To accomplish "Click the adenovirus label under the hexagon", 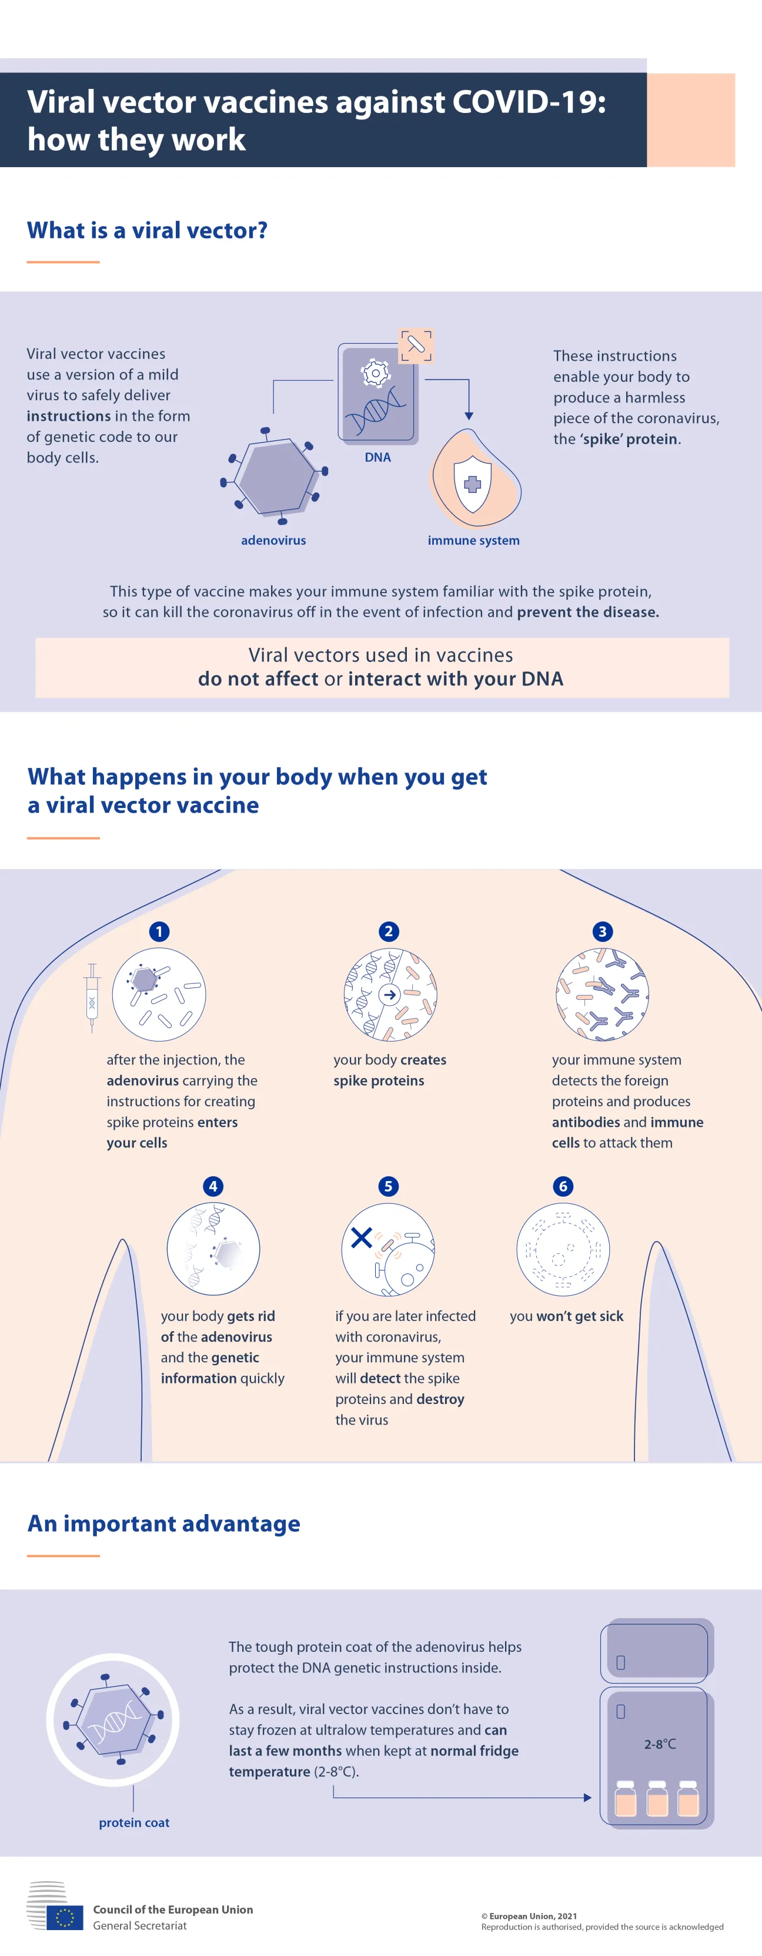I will (273, 540).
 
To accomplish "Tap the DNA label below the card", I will (377, 457).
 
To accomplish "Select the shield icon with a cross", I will (472, 484).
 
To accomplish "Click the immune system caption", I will (473, 540).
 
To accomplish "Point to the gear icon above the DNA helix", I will (375, 373).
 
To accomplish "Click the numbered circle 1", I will (159, 932).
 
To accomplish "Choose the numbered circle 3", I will (602, 932).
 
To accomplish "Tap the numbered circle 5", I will (388, 1186).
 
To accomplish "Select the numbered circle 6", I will (563, 1186).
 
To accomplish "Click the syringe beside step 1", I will (92, 997).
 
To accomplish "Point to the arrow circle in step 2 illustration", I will (389, 994).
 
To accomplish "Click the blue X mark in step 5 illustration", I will (361, 1238).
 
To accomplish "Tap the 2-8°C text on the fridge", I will (660, 1744).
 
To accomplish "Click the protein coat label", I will (133, 1822).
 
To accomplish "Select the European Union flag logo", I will (65, 1917).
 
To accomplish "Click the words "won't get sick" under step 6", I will (580, 1316).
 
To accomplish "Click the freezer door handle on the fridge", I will (620, 1662).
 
